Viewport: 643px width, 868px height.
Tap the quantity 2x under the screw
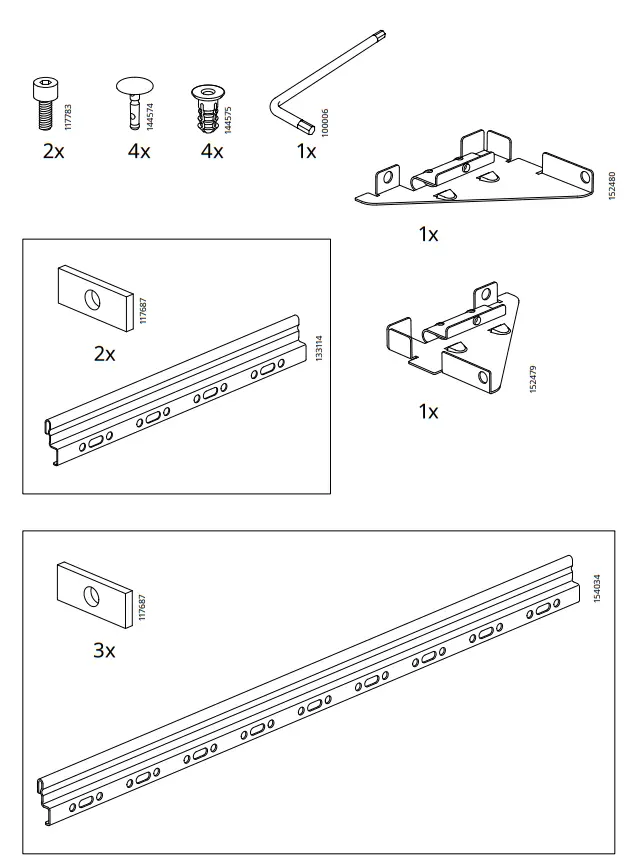tap(52, 151)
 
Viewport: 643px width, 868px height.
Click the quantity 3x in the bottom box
tap(104, 651)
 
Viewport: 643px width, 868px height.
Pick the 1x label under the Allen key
tap(305, 151)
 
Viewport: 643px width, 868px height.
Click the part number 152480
tap(612, 188)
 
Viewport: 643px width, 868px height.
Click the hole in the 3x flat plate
tap(91, 596)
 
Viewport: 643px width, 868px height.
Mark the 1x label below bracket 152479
tap(428, 412)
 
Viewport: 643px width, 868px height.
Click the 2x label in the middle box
tap(104, 354)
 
